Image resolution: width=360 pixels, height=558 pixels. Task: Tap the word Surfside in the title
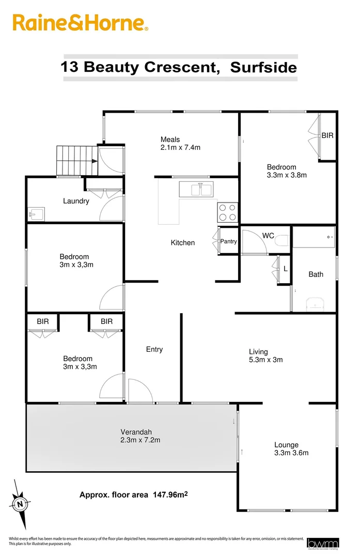pyautogui.click(x=263, y=67)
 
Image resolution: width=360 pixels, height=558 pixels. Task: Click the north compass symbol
pyautogui.click(x=20, y=503)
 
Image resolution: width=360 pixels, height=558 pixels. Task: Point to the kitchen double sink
pyautogui.click(x=196, y=189)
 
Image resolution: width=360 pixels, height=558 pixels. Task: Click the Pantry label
pyautogui.click(x=228, y=241)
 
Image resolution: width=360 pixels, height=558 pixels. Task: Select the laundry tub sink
pyautogui.click(x=37, y=214)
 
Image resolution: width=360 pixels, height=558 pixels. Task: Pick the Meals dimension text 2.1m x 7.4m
pyautogui.click(x=180, y=147)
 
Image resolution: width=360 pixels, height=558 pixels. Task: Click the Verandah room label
pyautogui.click(x=136, y=432)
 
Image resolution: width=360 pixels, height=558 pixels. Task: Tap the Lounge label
pyautogui.click(x=286, y=445)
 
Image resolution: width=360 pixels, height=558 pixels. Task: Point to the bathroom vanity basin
pyautogui.click(x=315, y=305)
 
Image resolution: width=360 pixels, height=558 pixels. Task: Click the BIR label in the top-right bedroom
pyautogui.click(x=327, y=135)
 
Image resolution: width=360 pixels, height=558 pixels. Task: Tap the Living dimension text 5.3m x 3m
pyautogui.click(x=265, y=360)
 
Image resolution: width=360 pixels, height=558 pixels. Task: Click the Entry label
pyautogui.click(x=154, y=349)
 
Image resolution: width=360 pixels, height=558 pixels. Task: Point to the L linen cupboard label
pyautogui.click(x=285, y=269)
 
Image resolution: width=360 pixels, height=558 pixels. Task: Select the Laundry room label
pyautogui.click(x=76, y=201)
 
